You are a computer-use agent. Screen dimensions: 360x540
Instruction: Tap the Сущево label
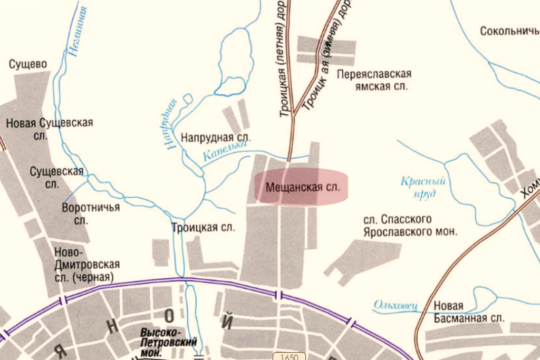click(x=28, y=64)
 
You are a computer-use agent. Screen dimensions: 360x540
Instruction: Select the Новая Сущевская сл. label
click(x=49, y=129)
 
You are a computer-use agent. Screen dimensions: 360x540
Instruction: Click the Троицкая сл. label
click(x=203, y=227)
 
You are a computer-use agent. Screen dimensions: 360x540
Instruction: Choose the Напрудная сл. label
click(x=216, y=138)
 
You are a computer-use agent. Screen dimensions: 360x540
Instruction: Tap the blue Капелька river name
click(x=225, y=153)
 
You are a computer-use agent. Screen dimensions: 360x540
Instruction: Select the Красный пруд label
click(x=423, y=187)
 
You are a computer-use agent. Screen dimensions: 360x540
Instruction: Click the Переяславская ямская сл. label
click(x=374, y=80)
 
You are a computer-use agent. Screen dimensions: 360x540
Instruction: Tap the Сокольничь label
click(x=509, y=31)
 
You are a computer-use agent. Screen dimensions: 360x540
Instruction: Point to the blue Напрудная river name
click(x=169, y=125)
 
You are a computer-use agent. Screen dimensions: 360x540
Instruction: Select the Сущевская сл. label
click(x=57, y=177)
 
